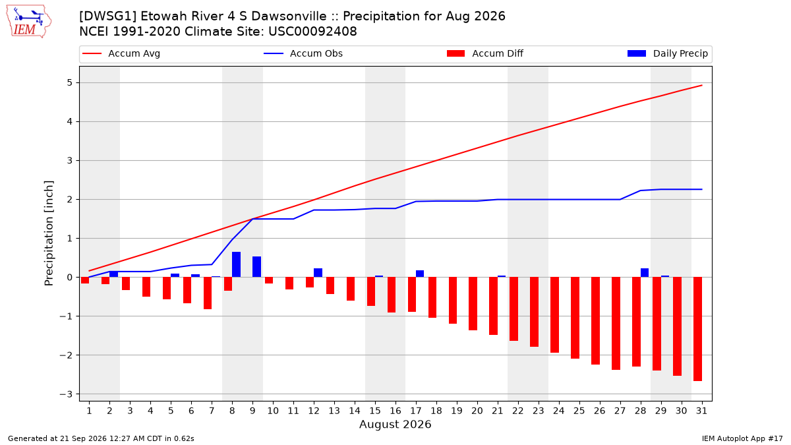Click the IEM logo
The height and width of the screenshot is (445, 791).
28,21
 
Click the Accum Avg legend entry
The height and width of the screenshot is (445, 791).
121,53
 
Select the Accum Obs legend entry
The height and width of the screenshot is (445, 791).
303,53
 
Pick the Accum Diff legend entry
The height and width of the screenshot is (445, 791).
485,53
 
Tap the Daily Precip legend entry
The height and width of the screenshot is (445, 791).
668,53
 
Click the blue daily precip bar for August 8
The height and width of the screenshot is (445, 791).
236,264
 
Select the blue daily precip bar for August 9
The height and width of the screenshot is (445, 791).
256,267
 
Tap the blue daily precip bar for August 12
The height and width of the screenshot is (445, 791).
318,273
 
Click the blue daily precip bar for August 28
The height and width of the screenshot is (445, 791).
645,273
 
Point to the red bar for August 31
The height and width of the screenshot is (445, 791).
697,329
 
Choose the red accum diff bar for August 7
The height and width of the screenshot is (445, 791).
208,293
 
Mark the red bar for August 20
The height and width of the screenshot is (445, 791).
473,304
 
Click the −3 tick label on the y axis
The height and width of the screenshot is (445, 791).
66,394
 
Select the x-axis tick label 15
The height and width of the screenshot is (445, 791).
375,411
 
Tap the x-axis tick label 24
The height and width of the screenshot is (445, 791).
559,411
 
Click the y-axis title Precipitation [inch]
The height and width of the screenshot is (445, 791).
49,233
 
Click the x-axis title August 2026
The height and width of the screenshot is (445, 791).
395,424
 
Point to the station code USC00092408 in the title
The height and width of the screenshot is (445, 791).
312,32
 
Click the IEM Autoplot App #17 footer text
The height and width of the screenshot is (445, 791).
742,438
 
